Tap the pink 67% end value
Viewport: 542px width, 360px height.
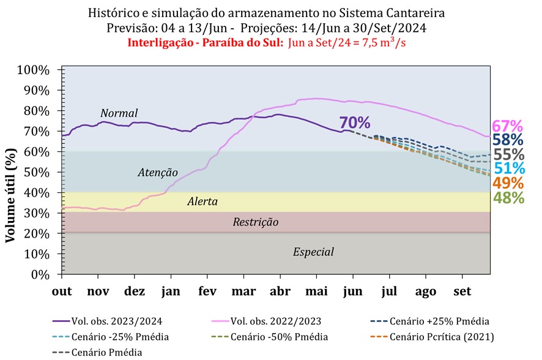tap(508, 126)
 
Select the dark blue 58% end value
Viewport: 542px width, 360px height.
tap(508, 140)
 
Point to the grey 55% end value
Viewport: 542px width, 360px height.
tap(508, 154)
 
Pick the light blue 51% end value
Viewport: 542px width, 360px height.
tap(508, 168)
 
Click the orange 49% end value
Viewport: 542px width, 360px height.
tap(508, 183)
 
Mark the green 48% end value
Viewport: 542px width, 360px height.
tap(508, 197)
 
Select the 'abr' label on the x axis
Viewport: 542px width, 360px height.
tap(280, 291)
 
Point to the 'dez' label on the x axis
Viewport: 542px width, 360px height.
tap(135, 291)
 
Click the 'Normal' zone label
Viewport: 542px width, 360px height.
tap(119, 113)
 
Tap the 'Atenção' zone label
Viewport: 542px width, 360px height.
tap(157, 173)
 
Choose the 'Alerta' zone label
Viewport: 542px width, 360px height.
tap(202, 201)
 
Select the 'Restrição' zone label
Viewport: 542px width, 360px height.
tap(256, 222)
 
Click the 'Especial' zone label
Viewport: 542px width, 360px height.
tap(314, 252)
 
